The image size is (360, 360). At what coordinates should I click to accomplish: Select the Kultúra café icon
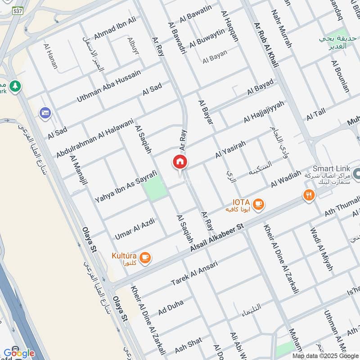coord(144,258)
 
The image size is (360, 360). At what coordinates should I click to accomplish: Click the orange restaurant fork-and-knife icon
coord(308,195)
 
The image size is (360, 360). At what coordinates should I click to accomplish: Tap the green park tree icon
coord(16,85)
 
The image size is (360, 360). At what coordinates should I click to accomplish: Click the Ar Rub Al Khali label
coord(266,45)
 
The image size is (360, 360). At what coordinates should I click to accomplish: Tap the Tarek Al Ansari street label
coord(194,273)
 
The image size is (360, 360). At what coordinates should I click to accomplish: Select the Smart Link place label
coord(332,167)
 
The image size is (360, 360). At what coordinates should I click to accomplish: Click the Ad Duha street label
coord(171,308)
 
